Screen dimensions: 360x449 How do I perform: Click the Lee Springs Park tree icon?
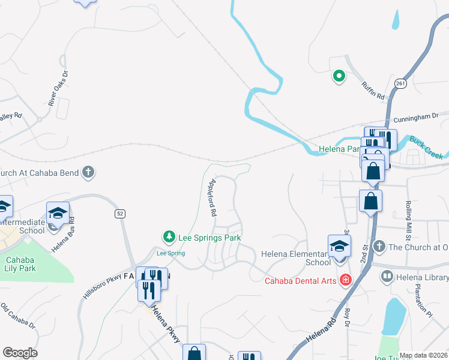click(170, 238)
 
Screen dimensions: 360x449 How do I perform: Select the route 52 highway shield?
click(120, 214)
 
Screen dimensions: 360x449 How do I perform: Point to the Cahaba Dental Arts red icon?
click(345, 280)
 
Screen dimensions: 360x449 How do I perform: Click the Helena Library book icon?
click(387, 277)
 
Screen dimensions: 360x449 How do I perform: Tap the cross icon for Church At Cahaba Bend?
click(88, 173)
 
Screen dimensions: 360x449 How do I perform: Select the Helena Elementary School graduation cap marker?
click(339, 247)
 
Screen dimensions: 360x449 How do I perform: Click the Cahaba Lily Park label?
click(21, 264)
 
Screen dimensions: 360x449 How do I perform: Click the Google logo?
click(20, 353)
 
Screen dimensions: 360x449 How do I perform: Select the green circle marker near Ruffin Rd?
click(339, 76)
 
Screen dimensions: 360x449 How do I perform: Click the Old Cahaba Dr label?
click(17, 316)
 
